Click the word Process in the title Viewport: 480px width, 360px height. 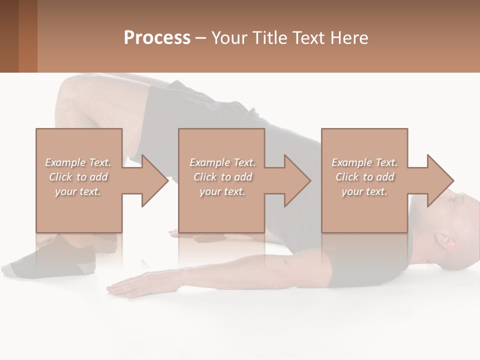(157, 38)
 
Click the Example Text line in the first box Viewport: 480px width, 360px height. (78, 162)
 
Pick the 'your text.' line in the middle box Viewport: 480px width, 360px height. (222, 191)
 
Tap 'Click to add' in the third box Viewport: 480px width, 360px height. (364, 177)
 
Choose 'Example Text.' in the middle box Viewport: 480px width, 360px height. (222, 162)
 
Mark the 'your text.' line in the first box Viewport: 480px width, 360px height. (78, 191)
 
